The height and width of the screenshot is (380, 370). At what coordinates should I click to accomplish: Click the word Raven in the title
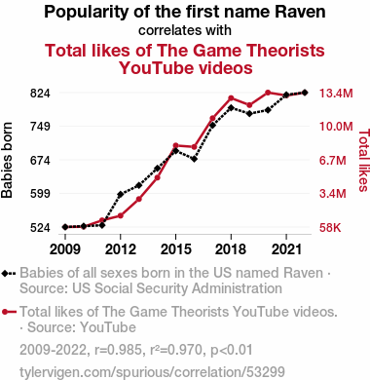[300, 12]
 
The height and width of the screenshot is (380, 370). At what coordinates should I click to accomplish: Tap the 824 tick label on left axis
[40, 94]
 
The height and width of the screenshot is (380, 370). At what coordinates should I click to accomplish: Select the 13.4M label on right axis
[336, 94]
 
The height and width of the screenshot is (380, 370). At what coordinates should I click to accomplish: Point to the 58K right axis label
[330, 228]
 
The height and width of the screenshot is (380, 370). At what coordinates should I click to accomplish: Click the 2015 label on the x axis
[176, 249]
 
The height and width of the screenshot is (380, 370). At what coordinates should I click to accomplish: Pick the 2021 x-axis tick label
[286, 249]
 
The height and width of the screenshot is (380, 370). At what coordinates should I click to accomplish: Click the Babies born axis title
[7, 160]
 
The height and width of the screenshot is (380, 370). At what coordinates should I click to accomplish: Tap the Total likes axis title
[363, 160]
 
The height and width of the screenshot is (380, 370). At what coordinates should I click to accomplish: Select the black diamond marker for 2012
[121, 195]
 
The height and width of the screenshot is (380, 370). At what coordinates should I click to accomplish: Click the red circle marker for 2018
[231, 98]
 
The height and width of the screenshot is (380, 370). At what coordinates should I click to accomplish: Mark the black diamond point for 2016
[194, 159]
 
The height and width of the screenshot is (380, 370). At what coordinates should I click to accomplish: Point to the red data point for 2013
[139, 199]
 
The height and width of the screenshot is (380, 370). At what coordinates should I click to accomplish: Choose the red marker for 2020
[268, 93]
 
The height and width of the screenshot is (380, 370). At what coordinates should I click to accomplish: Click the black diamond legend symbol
[9, 274]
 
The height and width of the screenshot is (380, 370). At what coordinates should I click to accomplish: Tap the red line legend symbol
[9, 312]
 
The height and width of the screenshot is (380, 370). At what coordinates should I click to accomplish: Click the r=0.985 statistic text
[118, 350]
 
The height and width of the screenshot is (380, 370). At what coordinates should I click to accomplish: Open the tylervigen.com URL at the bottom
[152, 372]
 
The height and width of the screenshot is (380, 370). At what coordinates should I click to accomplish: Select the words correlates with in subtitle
[185, 30]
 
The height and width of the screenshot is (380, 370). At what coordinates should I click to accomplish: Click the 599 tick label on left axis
[40, 194]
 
